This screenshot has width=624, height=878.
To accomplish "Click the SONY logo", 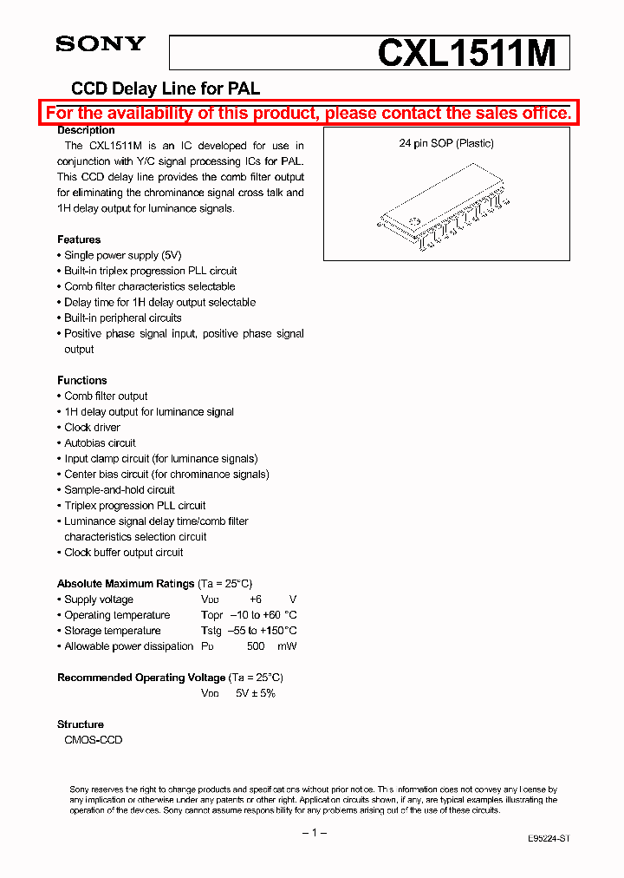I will click(x=101, y=45).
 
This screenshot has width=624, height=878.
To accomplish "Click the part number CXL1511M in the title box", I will click(x=465, y=54).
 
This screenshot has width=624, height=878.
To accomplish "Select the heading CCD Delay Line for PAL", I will click(x=165, y=88).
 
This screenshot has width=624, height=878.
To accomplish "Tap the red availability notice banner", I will click(x=309, y=113).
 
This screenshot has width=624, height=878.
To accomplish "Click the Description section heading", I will click(x=86, y=130).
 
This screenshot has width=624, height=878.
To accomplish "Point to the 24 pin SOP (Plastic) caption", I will click(x=445, y=143).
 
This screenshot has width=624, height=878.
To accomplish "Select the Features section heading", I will click(x=79, y=239).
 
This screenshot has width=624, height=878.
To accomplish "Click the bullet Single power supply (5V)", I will click(x=122, y=255).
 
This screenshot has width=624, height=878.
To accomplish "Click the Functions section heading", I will click(x=82, y=380).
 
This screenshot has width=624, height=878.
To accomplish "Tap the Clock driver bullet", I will click(x=92, y=427).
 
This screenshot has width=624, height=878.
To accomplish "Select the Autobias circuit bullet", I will click(x=100, y=442).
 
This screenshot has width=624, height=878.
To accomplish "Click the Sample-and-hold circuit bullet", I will click(x=119, y=489).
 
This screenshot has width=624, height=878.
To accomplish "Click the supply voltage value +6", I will click(x=255, y=600).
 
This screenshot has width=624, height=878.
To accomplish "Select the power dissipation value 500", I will click(x=256, y=646).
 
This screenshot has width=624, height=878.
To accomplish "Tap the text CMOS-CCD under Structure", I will click(x=94, y=740).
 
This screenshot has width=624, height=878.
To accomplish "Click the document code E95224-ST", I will click(x=549, y=839).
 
